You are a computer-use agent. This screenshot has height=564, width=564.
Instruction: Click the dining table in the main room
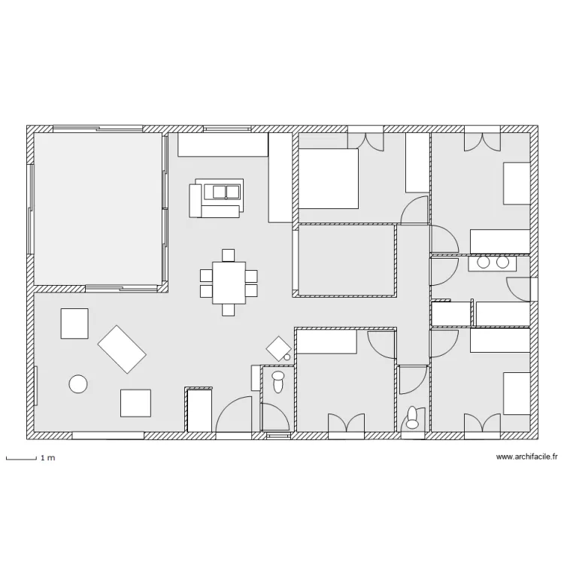pyautogui.click(x=229, y=283)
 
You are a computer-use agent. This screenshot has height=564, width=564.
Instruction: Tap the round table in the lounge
pyautogui.click(x=78, y=384)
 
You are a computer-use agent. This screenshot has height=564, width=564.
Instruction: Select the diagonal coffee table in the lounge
pyautogui.click(x=122, y=349)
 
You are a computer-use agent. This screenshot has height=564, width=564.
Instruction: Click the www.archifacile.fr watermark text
pyautogui.click(x=526, y=456)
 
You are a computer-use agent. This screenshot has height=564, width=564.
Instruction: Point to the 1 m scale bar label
pyautogui.click(x=48, y=458)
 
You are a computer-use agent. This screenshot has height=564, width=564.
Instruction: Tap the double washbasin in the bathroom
pyautogui.click(x=493, y=263)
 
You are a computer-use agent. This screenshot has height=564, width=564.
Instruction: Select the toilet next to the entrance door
pyautogui.click(x=278, y=382)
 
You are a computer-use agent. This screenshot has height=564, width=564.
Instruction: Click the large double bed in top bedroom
pyautogui.click(x=329, y=178)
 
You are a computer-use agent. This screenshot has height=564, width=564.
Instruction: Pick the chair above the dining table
pyautogui.click(x=229, y=255)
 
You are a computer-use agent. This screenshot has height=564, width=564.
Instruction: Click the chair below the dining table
pyautogui.click(x=229, y=310)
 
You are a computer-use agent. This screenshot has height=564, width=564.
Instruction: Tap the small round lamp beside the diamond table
pyautogui.click(x=287, y=357)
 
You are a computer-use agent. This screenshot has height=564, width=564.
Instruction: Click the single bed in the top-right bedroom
pyautogui.click(x=517, y=183)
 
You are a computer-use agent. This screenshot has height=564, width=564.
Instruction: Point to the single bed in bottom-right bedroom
pyautogui.click(x=517, y=393)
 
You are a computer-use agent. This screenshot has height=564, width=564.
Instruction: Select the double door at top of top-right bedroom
pyautogui.click(x=482, y=142)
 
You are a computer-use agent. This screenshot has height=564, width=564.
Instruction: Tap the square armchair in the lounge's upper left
pyautogui.click(x=74, y=323)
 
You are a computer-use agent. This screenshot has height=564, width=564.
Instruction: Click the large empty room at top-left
pyautogui.click(x=98, y=209)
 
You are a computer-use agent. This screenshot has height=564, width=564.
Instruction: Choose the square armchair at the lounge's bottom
pyautogui.click(x=135, y=403)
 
